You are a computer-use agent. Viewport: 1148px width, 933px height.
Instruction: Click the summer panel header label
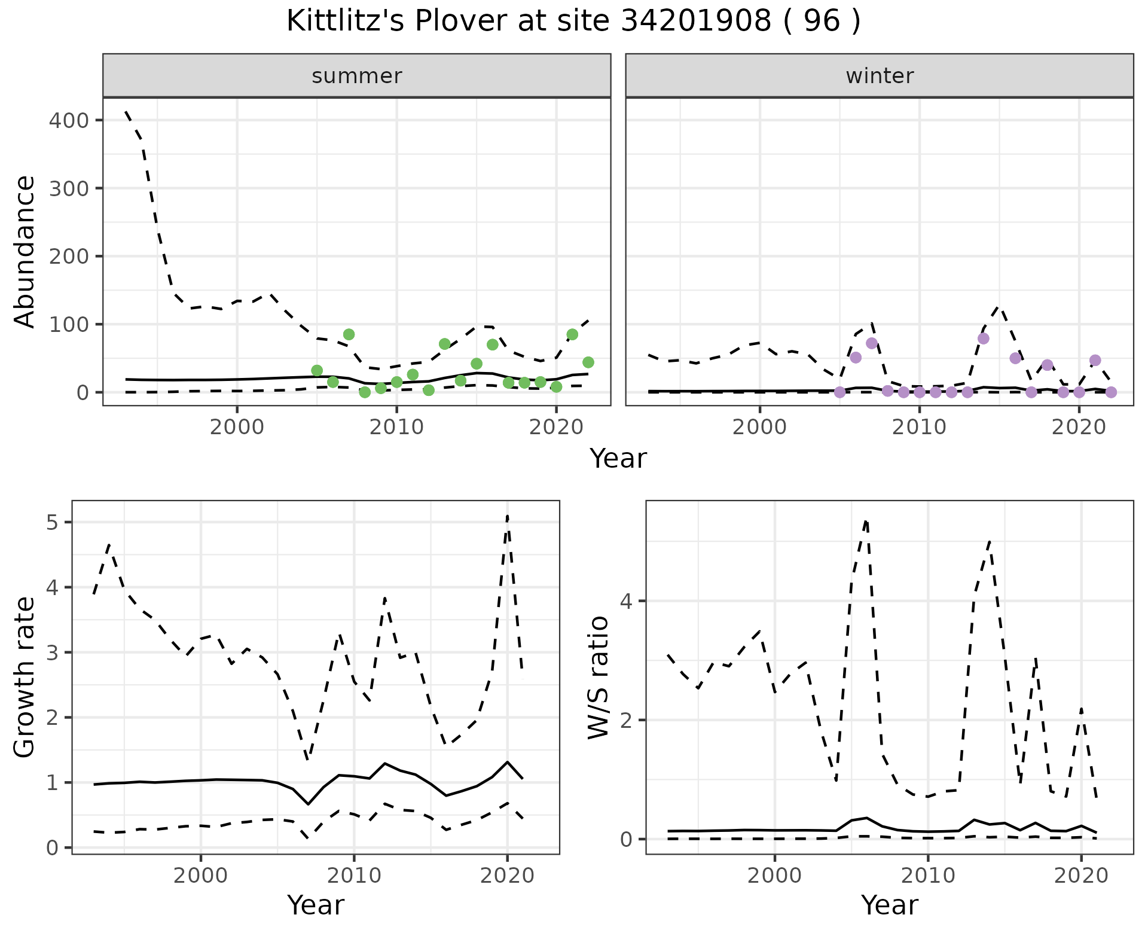click(x=357, y=76)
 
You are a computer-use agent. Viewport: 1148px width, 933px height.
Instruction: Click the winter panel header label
click(x=880, y=76)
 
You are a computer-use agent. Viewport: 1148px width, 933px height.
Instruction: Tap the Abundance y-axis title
click(x=25, y=251)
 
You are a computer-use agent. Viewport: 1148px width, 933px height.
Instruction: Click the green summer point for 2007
click(x=349, y=334)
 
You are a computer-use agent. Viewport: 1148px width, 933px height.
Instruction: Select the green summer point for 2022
click(x=588, y=362)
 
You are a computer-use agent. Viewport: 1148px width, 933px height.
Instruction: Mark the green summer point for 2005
click(x=317, y=371)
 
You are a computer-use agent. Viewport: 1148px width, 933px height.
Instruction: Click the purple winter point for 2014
click(x=984, y=339)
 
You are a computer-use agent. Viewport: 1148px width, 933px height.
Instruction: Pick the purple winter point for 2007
click(x=872, y=343)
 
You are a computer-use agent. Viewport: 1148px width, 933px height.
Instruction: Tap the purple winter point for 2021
click(x=1095, y=360)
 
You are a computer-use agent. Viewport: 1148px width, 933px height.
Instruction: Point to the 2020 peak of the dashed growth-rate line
click(x=508, y=515)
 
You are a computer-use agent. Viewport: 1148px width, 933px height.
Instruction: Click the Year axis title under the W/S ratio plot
click(x=889, y=905)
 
